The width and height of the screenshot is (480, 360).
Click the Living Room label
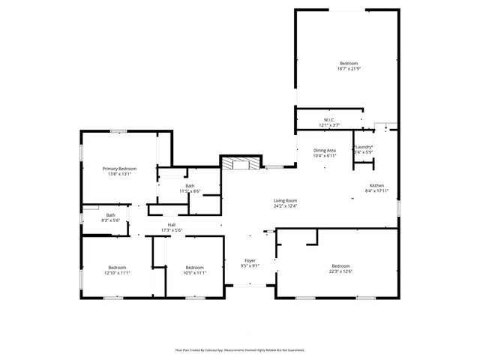click(x=285, y=200)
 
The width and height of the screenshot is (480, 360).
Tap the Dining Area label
click(x=324, y=150)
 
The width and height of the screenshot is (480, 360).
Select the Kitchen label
click(x=376, y=185)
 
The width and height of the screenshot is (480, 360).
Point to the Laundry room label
click(x=364, y=147)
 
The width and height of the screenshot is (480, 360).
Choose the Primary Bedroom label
click(x=119, y=169)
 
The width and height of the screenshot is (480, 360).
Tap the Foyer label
click(x=250, y=260)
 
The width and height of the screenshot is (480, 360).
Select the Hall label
click(x=172, y=225)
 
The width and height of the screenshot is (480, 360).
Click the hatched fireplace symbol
click(x=241, y=163)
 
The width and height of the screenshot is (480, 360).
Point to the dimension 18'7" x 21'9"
click(x=348, y=69)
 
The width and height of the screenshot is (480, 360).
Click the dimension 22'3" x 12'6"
click(x=340, y=271)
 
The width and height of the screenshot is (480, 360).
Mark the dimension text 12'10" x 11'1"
click(x=117, y=273)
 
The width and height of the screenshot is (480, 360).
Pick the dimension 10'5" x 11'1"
click(x=195, y=273)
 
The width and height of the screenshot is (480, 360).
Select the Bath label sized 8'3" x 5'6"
click(x=110, y=216)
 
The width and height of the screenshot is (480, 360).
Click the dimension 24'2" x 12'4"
click(x=285, y=205)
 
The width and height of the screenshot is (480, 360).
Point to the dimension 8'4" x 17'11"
click(x=376, y=190)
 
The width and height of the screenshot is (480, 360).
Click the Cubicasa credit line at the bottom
click(x=239, y=350)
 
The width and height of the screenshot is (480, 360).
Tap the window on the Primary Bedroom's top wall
click(x=118, y=132)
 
